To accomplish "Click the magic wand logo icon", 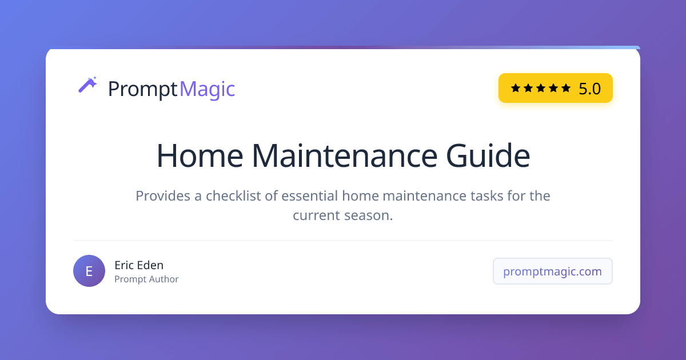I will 87,85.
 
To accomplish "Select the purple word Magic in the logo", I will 207,89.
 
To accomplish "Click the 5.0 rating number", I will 589,89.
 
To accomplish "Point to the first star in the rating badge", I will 516,88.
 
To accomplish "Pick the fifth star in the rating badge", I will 566,88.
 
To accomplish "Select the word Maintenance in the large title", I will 338,155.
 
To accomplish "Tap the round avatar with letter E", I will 89,271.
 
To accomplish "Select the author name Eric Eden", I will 139,265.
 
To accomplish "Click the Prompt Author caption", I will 146,279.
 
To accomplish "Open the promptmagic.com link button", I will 552,271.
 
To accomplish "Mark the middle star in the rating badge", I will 541,88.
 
